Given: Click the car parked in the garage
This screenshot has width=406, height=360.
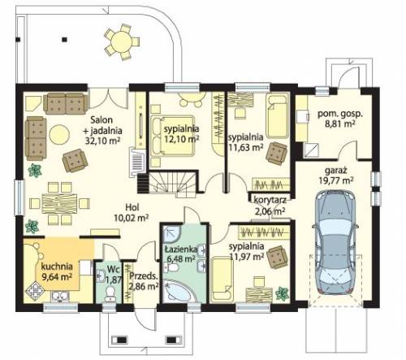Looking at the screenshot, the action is (x=335, y=243).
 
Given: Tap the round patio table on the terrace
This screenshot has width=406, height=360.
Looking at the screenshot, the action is (x=122, y=41).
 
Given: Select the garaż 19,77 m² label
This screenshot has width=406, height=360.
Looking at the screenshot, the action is (x=336, y=176).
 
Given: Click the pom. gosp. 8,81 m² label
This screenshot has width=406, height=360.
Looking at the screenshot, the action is (x=340, y=119).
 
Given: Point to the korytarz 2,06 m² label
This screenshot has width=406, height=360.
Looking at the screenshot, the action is (x=270, y=206).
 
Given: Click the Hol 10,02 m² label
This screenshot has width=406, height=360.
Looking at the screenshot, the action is (x=132, y=213).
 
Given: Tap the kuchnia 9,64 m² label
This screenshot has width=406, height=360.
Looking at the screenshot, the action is (x=57, y=271).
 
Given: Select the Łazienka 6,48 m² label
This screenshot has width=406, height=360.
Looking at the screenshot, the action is (x=181, y=254).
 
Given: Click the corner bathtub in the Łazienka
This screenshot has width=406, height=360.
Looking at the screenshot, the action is (x=179, y=291).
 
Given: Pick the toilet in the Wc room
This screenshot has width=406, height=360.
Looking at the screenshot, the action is (x=110, y=294).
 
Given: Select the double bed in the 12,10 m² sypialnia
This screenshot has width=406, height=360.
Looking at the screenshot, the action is (x=173, y=136).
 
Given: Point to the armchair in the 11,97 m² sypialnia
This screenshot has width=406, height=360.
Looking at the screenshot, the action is (x=278, y=257).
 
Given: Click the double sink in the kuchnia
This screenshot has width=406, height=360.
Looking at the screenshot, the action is (x=61, y=297).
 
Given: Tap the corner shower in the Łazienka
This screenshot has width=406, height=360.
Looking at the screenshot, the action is (x=171, y=233).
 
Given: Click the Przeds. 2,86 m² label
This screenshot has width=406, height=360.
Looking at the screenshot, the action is (x=144, y=281).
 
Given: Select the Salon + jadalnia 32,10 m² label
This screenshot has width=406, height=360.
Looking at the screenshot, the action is (x=102, y=130).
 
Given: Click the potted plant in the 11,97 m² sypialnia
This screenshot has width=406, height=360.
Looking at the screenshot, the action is (x=283, y=293).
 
